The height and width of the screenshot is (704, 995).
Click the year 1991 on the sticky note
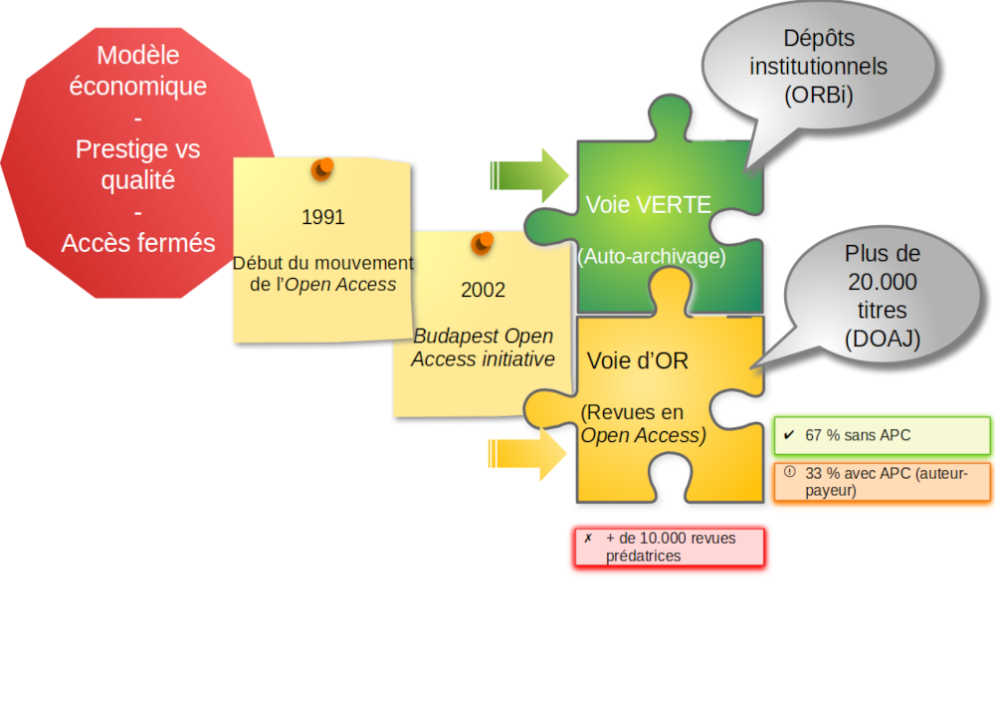coord(322,217)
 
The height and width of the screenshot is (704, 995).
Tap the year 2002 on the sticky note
coord(483,290)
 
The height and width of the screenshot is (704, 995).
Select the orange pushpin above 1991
coord(322,168)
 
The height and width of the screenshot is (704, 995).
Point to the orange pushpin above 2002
coord(483,242)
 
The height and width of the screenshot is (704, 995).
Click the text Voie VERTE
coord(648,205)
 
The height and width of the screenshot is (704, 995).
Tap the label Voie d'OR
coord(637,360)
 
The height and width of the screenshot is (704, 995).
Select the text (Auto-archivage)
coord(652,256)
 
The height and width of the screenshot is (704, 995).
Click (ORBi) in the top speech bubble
coord(818,96)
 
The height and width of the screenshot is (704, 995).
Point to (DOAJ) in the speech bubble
coord(883,339)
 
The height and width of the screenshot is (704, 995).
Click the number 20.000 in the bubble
coord(883,282)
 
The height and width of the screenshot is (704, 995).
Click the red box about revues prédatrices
coord(670,548)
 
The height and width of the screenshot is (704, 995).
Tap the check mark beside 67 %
coord(789,435)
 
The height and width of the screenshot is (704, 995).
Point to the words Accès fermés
coord(138,243)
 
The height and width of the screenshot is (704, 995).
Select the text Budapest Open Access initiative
coord(483,348)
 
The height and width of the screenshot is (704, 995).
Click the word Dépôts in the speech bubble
coord(818,39)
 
